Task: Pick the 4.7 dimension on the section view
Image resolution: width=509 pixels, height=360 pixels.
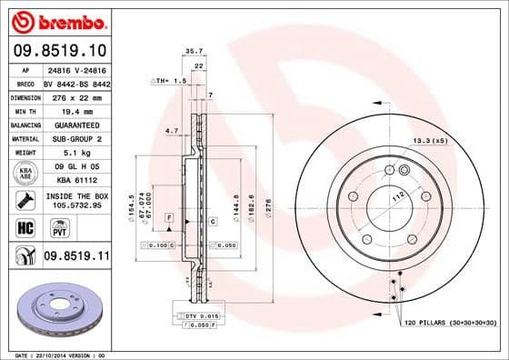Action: tap(172, 131)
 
